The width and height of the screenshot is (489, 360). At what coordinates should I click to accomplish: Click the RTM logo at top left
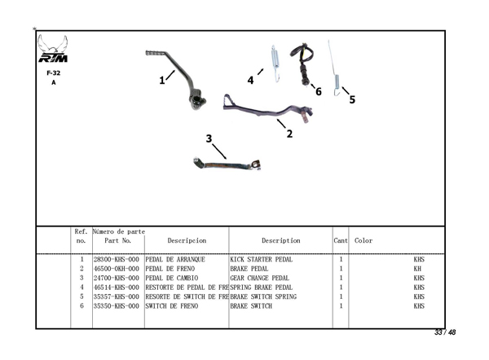click(53, 50)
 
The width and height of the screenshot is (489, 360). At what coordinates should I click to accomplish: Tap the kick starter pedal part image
click(183, 77)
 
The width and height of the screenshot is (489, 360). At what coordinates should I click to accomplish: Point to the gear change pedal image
click(227, 165)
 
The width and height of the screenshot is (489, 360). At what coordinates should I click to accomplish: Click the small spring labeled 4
click(275, 63)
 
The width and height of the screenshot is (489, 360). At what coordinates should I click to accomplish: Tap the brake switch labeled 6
click(304, 61)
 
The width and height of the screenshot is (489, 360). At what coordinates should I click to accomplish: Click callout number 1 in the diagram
click(162, 80)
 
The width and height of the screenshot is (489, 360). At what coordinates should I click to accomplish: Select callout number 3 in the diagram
click(209, 138)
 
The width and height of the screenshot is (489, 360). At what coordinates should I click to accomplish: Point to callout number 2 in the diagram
click(289, 134)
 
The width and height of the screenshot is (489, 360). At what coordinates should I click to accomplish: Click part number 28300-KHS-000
click(117, 259)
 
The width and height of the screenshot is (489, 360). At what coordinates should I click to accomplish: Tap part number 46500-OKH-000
click(117, 268)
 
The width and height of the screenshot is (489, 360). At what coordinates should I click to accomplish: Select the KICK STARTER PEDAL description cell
click(262, 259)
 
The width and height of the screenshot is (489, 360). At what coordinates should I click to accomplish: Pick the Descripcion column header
click(187, 240)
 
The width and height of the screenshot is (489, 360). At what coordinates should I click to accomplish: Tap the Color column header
click(363, 240)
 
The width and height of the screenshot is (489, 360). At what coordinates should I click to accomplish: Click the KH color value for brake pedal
click(417, 268)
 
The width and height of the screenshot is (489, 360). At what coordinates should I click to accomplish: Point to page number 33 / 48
click(444, 332)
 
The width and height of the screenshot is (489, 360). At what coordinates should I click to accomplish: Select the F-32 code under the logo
click(53, 72)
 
